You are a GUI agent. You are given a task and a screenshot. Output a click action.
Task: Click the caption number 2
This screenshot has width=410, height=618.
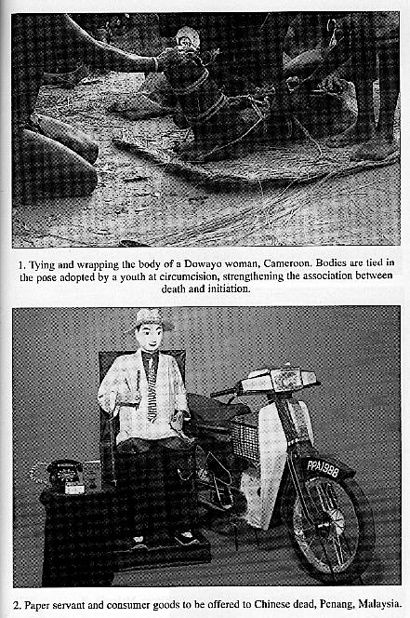pos(17,605)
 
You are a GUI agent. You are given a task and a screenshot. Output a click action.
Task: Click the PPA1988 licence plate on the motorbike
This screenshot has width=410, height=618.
pos(323,467)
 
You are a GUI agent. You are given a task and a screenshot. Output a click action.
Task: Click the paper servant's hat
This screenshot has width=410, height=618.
pos(149,317)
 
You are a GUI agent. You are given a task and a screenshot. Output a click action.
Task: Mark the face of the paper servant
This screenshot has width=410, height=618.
pos(149,338)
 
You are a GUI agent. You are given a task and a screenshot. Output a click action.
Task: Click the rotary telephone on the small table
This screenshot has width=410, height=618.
pos(64,475)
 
